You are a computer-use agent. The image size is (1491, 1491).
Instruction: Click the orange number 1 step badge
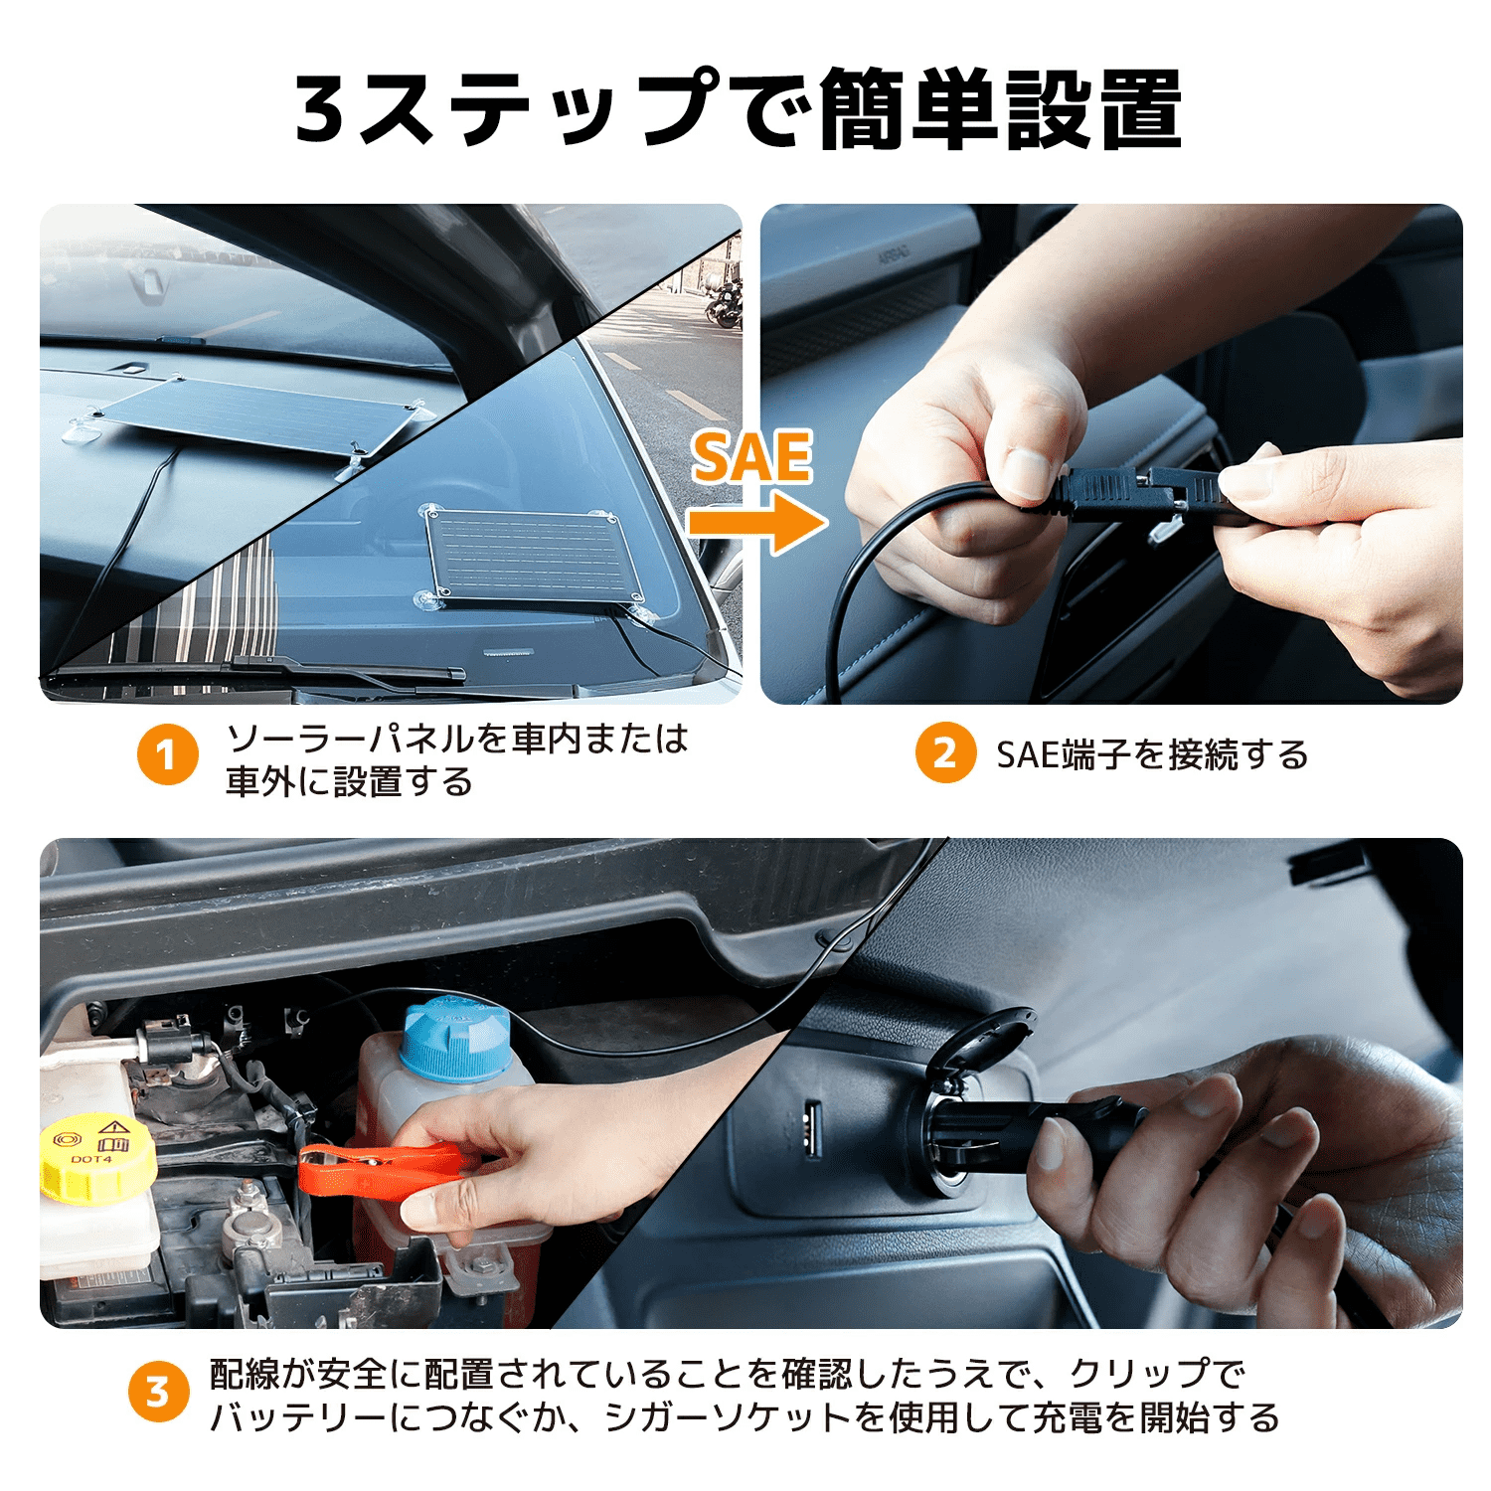[167, 753]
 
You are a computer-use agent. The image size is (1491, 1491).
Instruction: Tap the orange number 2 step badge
[945, 752]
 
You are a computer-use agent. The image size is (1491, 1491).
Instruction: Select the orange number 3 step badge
[158, 1391]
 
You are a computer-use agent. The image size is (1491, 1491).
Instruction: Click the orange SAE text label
[752, 457]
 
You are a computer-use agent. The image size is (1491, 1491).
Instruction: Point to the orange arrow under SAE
[757, 522]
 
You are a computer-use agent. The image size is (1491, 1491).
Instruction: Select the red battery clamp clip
[383, 1163]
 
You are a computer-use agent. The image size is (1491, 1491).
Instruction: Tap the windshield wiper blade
[258, 673]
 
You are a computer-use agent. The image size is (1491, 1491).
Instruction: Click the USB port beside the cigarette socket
[811, 1129]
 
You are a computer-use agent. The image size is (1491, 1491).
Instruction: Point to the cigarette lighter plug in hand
[1034, 1133]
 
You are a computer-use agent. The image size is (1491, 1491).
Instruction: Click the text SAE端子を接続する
[1152, 754]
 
